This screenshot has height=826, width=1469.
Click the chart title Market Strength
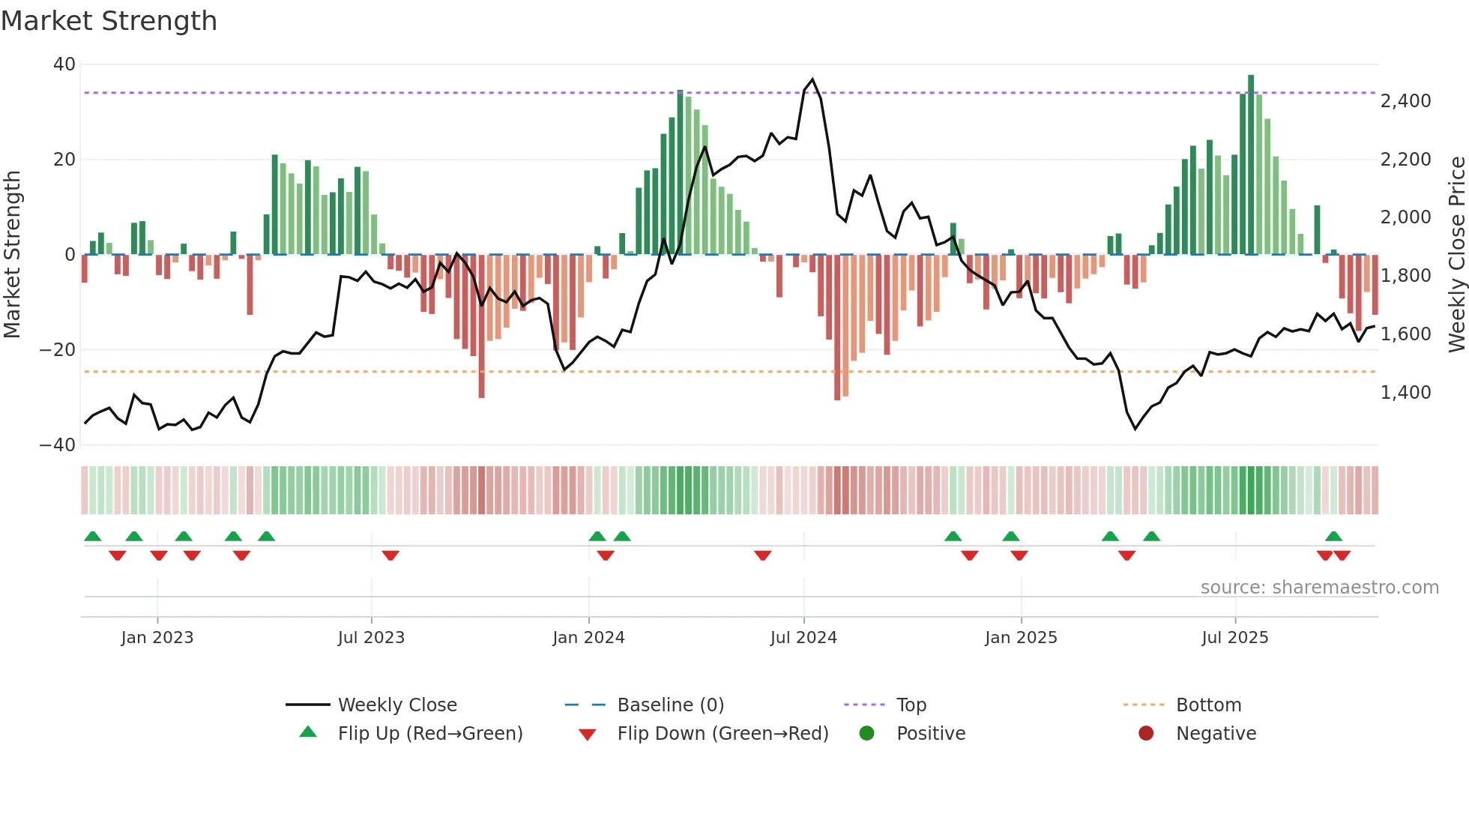109,21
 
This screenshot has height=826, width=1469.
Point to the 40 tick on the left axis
64,64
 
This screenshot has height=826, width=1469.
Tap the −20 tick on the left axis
58,350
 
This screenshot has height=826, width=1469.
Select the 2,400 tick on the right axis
1405,101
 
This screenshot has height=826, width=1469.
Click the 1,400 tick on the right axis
1405,393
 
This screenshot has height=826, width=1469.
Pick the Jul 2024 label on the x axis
803,638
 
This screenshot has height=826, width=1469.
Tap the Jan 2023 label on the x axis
157,638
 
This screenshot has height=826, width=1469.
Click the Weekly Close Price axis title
1456,255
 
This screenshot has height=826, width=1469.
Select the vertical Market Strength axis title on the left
12,255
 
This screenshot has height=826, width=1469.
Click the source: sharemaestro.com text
1319,588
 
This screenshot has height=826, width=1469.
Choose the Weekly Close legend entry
397,705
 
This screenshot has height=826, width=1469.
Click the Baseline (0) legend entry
670,705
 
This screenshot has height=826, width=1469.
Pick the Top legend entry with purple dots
911,705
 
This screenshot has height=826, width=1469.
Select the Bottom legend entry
1208,705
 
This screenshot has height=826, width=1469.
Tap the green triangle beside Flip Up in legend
308,732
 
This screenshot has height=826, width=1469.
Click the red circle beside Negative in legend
1146,733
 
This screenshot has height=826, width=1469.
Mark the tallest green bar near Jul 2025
1251,165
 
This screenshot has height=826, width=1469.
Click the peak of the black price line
812,79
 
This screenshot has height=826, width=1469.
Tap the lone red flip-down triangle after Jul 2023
390,555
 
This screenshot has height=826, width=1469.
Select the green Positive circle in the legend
866,733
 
